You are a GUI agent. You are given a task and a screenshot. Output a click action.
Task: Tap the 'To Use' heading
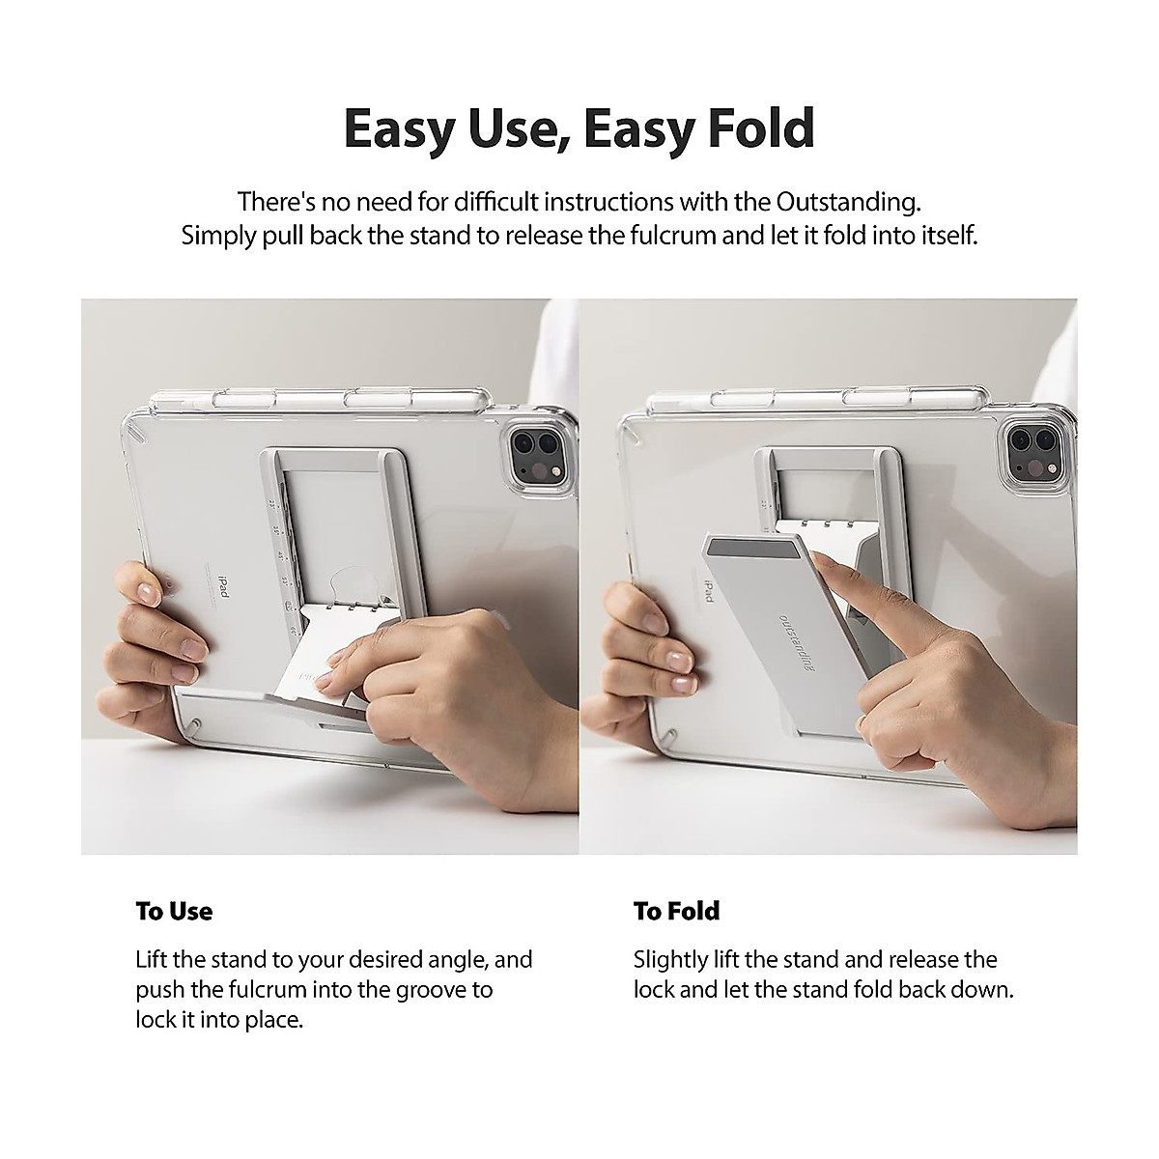tap(174, 911)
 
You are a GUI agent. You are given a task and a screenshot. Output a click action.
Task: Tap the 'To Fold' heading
tap(676, 911)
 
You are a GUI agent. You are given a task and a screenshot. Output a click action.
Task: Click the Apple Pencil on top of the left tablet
tap(319, 398)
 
